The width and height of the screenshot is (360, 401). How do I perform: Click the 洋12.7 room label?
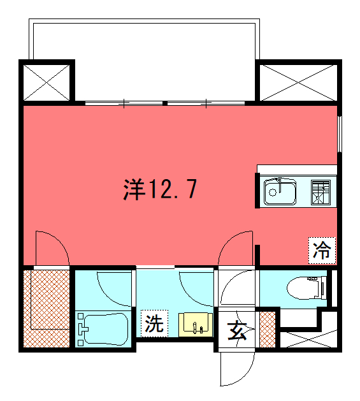point(160,189)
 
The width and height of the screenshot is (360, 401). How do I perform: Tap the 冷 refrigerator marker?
point(322,251)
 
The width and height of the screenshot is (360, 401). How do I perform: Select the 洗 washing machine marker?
point(154,323)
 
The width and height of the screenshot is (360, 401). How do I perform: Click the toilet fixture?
point(307,288)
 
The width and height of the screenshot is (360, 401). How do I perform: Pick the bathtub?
point(103,329)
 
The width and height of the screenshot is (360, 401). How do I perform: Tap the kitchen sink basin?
point(280,191)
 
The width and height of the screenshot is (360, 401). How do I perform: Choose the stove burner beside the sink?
point(320,193)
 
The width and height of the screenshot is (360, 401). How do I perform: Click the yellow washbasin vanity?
point(196,324)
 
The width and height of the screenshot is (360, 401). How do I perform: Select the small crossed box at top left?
point(47,82)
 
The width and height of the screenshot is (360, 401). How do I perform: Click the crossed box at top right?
point(299,82)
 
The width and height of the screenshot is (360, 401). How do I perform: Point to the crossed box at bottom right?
point(308,339)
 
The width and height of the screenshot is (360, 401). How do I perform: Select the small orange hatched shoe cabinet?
point(268,330)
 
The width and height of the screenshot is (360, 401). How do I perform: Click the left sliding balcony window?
point(124,103)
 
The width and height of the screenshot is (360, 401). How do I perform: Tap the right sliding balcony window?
point(206,103)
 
